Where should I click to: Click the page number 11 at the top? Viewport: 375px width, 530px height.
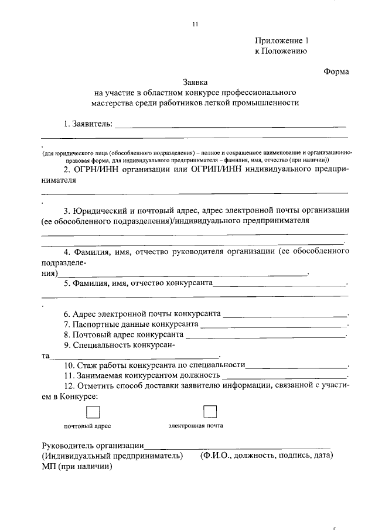(195, 24)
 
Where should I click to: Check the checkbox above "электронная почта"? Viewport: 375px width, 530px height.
(209, 411)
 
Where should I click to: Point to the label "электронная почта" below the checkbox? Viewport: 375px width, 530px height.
(196, 426)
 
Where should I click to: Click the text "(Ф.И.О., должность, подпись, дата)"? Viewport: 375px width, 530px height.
(266, 456)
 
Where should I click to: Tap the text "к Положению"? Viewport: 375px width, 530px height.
(281, 51)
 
